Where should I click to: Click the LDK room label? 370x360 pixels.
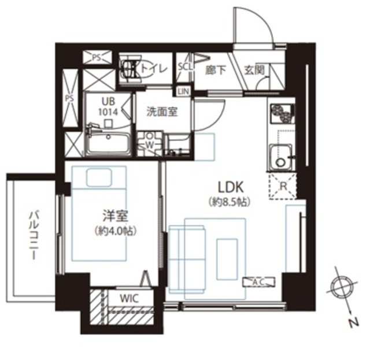(x=230, y=187)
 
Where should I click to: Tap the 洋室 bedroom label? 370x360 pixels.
(x=116, y=216)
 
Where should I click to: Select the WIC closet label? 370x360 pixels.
(x=129, y=298)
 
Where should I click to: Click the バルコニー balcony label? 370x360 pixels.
(x=34, y=236)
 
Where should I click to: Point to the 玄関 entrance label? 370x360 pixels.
(x=254, y=70)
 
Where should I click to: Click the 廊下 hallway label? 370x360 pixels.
(x=216, y=70)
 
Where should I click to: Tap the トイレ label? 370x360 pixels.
(x=154, y=69)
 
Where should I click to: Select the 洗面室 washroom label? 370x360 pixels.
(x=162, y=112)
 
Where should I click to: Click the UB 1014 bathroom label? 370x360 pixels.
(x=108, y=107)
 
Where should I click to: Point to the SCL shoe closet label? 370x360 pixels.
(x=185, y=67)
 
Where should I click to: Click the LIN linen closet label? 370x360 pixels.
(x=184, y=91)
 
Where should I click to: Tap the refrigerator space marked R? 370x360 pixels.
(x=283, y=187)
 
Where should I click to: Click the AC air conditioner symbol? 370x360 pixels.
(x=260, y=282)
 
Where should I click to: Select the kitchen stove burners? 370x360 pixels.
(x=282, y=113)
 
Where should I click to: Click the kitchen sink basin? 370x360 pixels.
(x=280, y=157)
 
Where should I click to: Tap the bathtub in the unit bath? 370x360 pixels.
(x=108, y=143)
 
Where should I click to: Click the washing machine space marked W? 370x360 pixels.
(x=149, y=143)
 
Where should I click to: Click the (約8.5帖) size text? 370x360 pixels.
(x=230, y=202)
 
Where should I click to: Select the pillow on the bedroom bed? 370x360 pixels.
(x=99, y=177)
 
